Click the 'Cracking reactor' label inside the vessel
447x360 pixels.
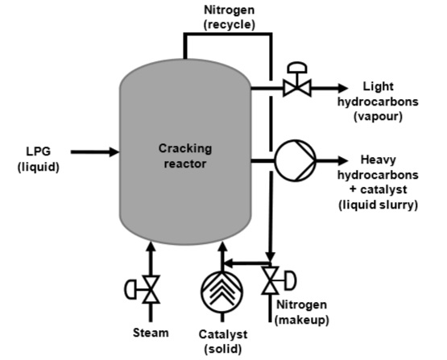point(186,155)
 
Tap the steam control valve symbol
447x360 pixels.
point(149,289)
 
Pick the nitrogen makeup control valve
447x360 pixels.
point(272,281)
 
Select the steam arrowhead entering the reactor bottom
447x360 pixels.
point(149,246)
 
